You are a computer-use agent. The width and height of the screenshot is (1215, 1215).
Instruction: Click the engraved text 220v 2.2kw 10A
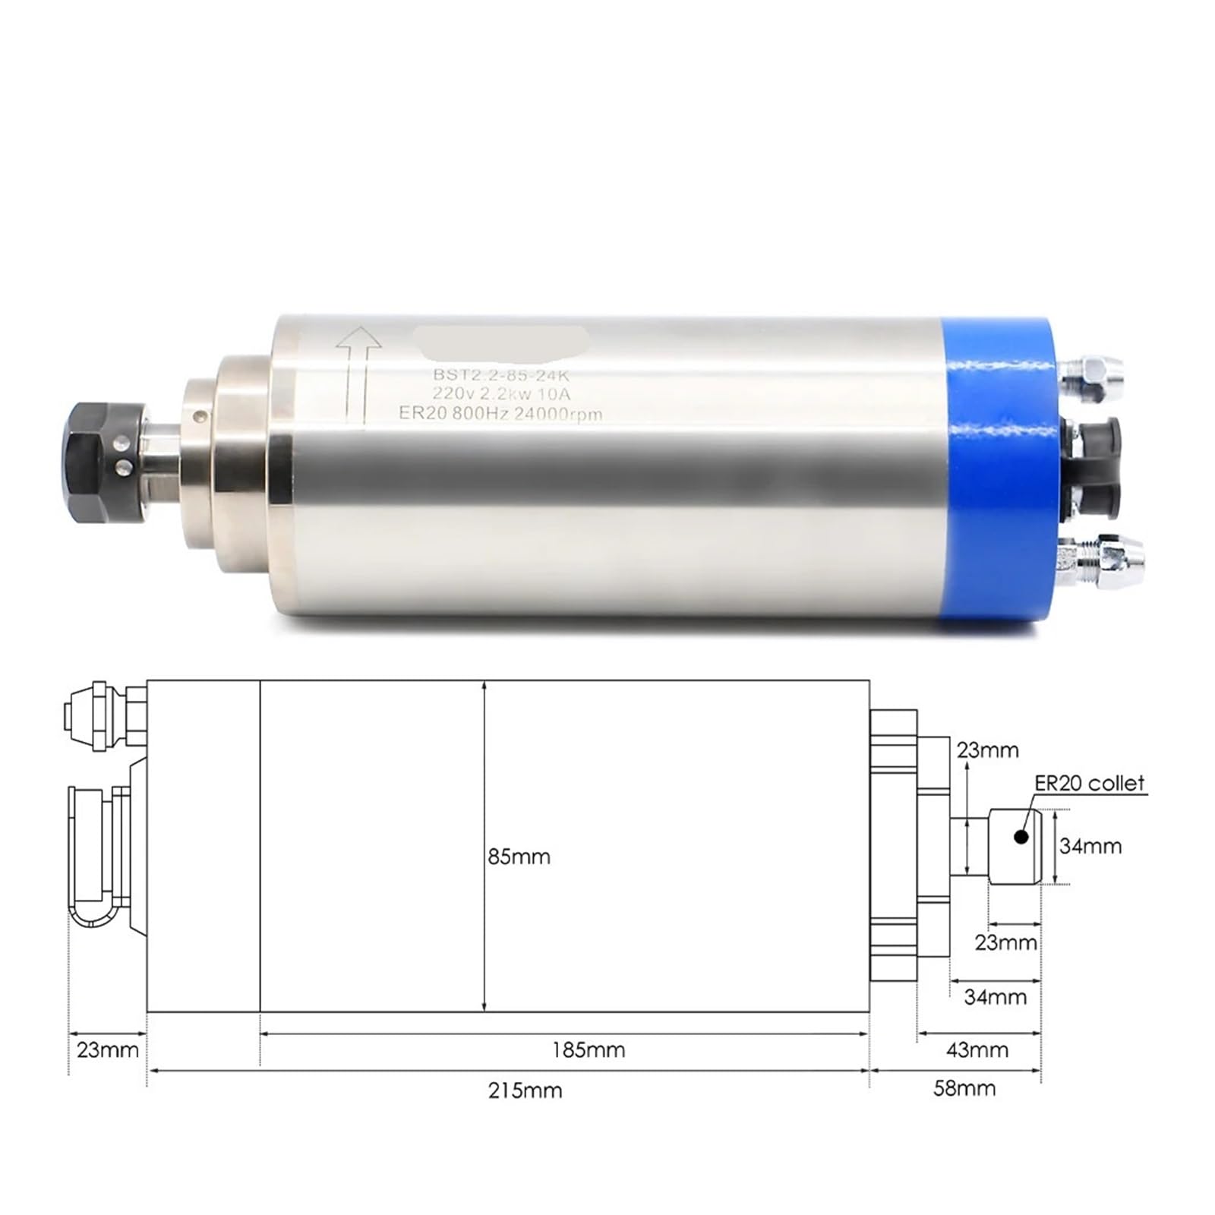501,394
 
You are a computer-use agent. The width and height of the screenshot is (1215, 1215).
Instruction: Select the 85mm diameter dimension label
519,857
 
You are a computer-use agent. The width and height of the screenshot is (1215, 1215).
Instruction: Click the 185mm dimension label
589,1050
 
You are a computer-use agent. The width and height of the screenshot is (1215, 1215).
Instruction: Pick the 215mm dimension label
525,1090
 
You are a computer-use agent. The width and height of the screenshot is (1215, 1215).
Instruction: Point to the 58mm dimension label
964,1088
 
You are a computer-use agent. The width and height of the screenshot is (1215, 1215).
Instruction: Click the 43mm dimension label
977,1050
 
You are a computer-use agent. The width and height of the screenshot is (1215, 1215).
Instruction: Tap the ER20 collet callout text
1089,783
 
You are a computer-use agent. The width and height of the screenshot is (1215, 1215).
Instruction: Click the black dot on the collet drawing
1021,837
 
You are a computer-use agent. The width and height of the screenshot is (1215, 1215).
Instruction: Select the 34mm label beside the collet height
1090,846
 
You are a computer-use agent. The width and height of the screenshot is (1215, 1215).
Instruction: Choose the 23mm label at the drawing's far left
107,1050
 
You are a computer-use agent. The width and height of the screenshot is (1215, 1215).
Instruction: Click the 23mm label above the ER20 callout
987,750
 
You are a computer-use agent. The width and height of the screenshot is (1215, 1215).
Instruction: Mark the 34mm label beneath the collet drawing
995,996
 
